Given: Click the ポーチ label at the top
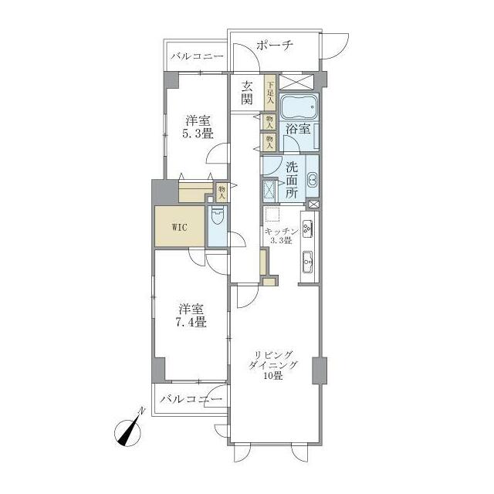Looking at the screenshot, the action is pos(275,46).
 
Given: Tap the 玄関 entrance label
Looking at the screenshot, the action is pos(247,93).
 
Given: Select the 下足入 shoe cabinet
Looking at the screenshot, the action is pos(270,93).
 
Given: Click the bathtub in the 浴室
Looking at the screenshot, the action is pos(299,107).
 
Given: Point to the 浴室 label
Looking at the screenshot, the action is pos(298,129).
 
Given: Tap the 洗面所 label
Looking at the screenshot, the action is pos(292,180).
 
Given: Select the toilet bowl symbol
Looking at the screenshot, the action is pos(217,215).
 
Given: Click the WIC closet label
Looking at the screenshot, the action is pos(180,227).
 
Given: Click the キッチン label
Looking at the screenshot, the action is pos(281,232).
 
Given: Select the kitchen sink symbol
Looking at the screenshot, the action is pos(307,262).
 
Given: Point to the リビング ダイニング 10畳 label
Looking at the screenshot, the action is pos(273,365).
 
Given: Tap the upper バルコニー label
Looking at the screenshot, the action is pos(198,56).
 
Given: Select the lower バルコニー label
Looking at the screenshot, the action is pos(191,400).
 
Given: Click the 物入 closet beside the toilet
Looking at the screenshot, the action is pos(222,192).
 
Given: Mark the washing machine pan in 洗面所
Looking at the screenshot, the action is pos(269,191).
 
